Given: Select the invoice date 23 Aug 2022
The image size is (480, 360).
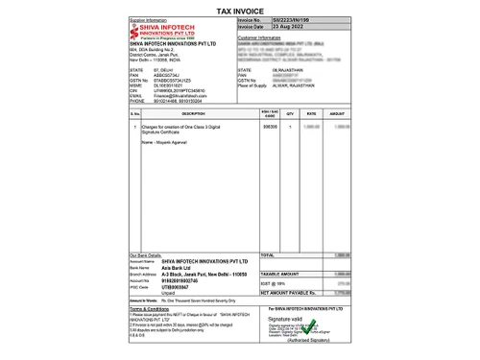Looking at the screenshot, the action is [x=285, y=25].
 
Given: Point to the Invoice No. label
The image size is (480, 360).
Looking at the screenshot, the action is [x=252, y=18].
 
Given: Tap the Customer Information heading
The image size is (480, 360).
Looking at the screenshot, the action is [x=262, y=37].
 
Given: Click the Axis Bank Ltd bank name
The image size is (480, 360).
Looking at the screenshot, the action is [x=176, y=266].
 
